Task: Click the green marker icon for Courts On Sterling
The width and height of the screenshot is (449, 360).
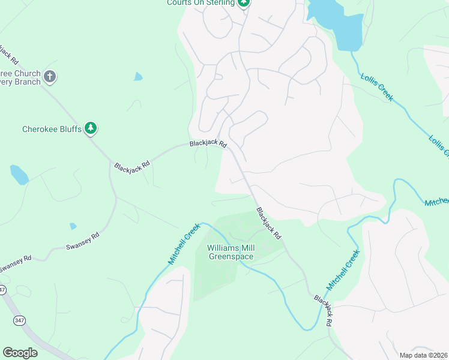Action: pos(244,4)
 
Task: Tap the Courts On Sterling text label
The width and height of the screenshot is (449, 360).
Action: pos(200,3)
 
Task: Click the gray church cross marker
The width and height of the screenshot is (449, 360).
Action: pos(50,77)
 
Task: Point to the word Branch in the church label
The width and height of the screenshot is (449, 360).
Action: pos(25,82)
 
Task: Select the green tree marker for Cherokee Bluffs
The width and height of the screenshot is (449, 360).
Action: pos(91,128)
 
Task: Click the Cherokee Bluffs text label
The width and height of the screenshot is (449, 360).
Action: pos(51,129)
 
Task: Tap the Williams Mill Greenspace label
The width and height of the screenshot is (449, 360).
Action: pos(231,252)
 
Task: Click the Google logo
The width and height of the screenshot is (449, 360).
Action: pos(20,353)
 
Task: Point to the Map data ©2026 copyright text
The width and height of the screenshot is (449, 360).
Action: pos(423,355)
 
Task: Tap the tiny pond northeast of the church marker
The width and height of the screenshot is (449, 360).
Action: pos(139,76)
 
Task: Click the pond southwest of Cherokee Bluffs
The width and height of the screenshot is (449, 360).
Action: pos(19,175)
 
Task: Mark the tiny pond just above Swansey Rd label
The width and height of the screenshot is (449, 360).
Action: pos(73,226)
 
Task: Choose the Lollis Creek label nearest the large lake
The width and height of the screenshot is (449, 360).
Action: pos(376,86)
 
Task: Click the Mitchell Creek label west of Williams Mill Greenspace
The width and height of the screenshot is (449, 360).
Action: pos(184,244)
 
